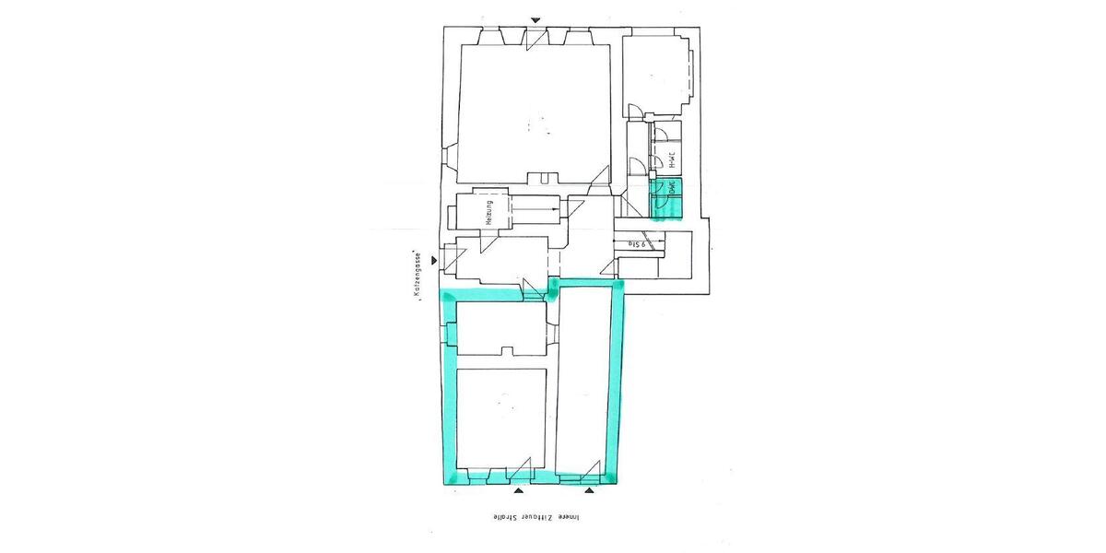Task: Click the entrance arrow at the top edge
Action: point(535,20)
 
